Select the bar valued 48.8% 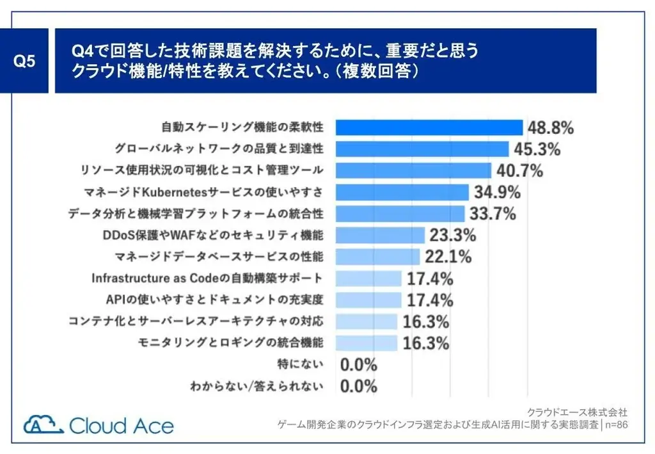[x=429, y=127]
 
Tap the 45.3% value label [x=537, y=149]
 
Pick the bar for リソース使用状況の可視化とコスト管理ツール [x=413, y=170]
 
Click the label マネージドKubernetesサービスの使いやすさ [x=203, y=192]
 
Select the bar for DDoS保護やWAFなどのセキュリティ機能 [x=380, y=235]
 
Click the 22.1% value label [x=448, y=257]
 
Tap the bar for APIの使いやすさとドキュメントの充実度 [x=368, y=300]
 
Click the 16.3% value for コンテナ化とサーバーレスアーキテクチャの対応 [x=426, y=321]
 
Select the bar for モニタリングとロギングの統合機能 [x=367, y=343]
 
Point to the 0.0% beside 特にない [x=359, y=365]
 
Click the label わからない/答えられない [x=256, y=387]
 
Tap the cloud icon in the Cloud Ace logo [x=43, y=425]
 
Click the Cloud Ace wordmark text [x=121, y=425]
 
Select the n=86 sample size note [x=617, y=424]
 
